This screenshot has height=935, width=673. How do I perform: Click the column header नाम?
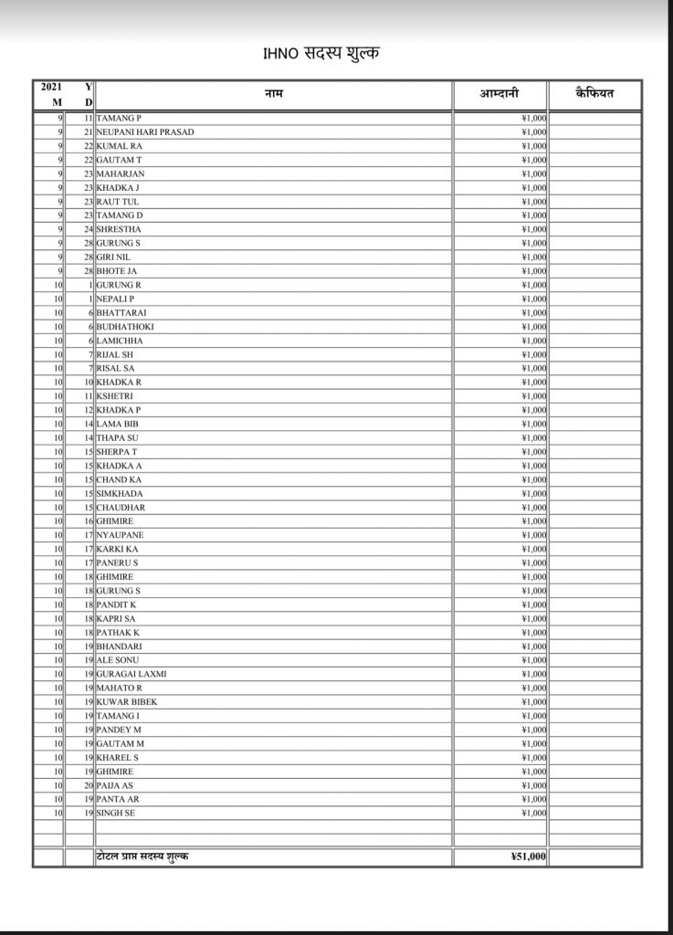273,94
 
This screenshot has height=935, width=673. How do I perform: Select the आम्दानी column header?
500,94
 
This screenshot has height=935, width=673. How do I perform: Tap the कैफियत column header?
594,94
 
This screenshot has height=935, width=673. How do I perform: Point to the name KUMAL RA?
119,146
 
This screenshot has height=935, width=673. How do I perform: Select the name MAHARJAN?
121,173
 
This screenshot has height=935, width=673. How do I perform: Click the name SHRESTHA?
119,229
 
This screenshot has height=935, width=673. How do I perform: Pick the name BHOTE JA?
117,271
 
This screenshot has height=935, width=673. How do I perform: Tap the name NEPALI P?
115,299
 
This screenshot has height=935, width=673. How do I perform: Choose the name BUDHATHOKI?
125,327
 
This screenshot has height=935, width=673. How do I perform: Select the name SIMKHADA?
120,493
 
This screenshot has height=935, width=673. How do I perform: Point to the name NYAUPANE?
120,535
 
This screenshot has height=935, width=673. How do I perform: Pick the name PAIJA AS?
114,785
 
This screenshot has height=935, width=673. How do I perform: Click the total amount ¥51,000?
529,857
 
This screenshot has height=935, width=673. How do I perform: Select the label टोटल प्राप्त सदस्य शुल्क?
143,857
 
